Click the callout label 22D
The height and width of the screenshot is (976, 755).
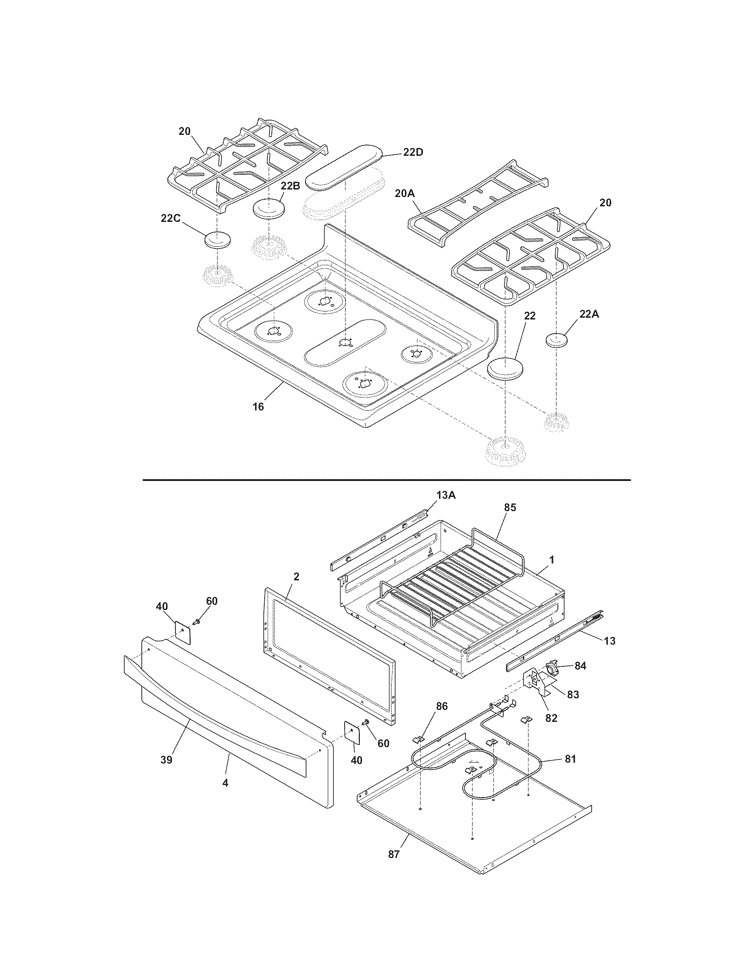pyautogui.click(x=413, y=152)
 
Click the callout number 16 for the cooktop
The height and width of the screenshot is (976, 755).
pyautogui.click(x=258, y=406)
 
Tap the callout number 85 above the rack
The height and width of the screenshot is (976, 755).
pyautogui.click(x=510, y=507)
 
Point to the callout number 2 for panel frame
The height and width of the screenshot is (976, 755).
pyautogui.click(x=296, y=576)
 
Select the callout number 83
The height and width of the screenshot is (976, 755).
pyautogui.click(x=572, y=694)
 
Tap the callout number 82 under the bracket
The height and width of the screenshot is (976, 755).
pyautogui.click(x=551, y=718)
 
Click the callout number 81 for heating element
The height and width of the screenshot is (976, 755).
pyautogui.click(x=570, y=759)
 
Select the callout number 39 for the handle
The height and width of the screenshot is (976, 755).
pyautogui.click(x=167, y=760)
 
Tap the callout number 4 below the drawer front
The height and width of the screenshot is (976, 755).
pyautogui.click(x=226, y=783)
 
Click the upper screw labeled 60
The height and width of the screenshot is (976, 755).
pyautogui.click(x=196, y=622)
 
